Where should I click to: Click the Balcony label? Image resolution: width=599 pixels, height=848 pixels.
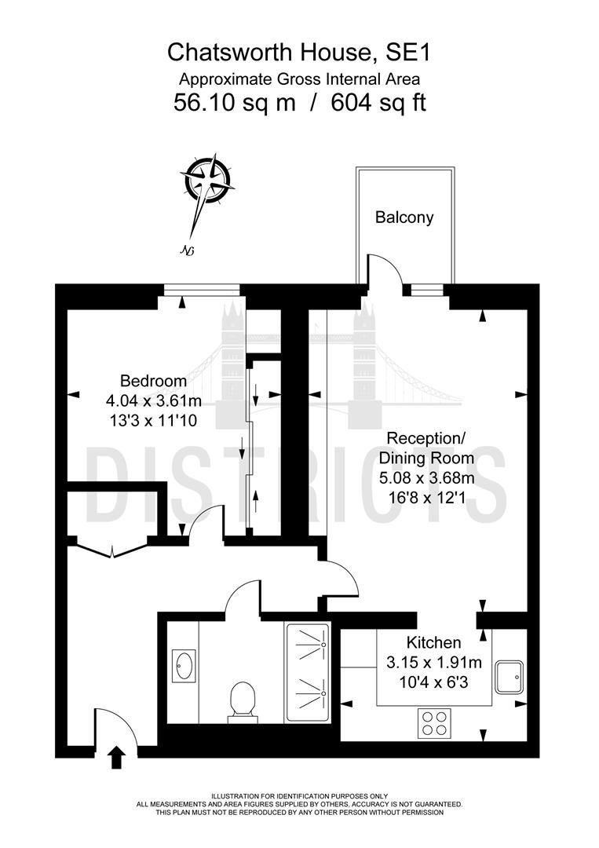tap(404, 217)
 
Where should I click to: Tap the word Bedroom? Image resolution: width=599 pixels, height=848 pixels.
tap(154, 381)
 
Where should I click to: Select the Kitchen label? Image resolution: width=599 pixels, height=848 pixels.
tap(433, 642)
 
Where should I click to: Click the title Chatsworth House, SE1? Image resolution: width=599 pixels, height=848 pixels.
tap(299, 53)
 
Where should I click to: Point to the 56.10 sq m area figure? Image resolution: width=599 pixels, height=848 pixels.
tap(235, 102)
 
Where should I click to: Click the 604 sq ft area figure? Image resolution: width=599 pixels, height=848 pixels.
tap(378, 102)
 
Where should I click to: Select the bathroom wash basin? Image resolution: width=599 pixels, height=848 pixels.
tap(184, 666)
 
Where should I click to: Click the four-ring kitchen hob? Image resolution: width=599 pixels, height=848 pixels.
tap(434, 722)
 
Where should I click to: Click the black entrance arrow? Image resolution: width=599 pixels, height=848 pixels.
tap(117, 757)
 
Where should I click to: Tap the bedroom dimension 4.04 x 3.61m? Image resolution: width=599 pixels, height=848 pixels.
tap(154, 400)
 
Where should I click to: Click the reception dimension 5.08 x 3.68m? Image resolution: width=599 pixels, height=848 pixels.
tap(426, 478)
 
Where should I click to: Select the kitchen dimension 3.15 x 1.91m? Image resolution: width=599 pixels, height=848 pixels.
tap(433, 663)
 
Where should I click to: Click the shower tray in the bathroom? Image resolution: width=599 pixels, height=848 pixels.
tap(308, 672)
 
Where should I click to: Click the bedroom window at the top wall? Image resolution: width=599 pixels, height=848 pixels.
tap(202, 291)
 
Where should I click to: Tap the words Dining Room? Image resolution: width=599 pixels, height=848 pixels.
tap(426, 458)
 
